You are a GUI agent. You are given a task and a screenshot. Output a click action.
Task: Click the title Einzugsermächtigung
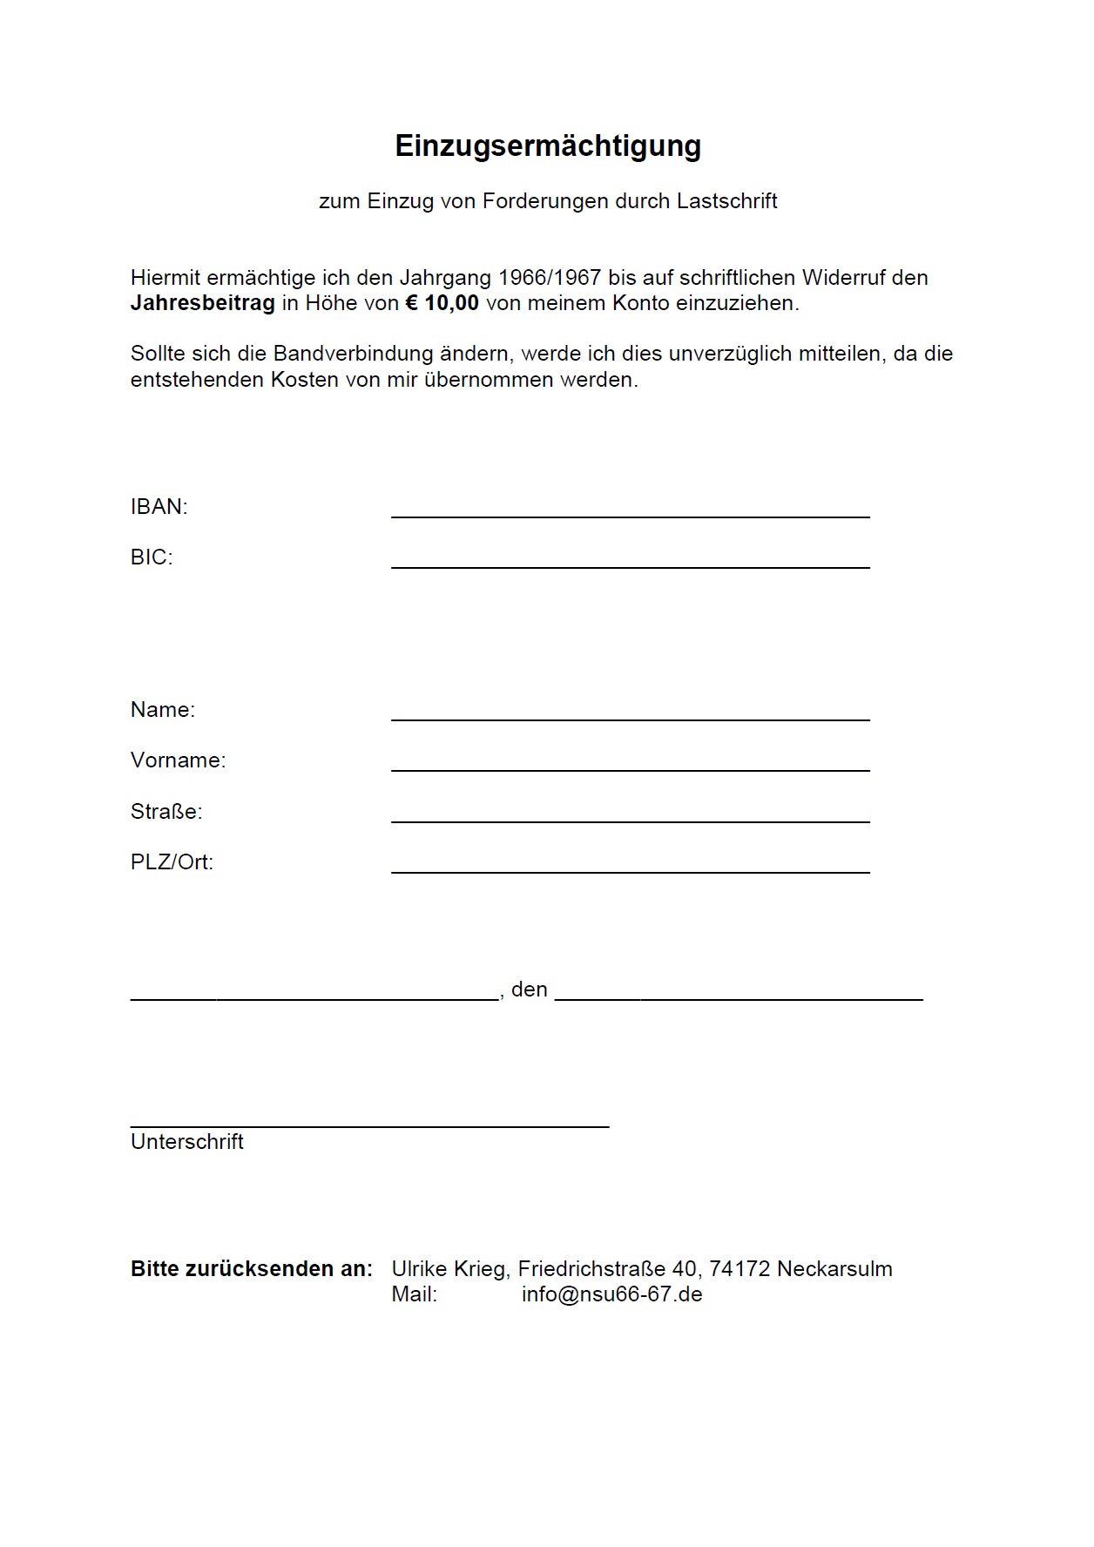[x=547, y=145]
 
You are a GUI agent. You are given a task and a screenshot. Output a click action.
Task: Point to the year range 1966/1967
[x=549, y=278]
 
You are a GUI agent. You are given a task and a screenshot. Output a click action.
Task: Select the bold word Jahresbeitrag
[x=202, y=303]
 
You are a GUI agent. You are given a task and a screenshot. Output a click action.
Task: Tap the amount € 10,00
[x=442, y=303]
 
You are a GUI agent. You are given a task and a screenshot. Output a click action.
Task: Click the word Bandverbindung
[x=353, y=354]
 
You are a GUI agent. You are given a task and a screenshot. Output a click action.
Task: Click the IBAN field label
[x=159, y=507]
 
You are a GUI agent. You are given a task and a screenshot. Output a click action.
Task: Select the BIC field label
[x=152, y=557]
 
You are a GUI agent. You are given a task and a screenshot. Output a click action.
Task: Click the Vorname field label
[x=178, y=760]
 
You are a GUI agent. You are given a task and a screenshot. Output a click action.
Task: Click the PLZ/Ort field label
[x=172, y=862]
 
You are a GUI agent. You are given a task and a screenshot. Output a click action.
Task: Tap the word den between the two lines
[x=529, y=990]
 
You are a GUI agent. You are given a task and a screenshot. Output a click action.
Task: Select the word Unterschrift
[x=186, y=1142]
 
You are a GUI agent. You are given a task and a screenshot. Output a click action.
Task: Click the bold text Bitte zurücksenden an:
[x=251, y=1269]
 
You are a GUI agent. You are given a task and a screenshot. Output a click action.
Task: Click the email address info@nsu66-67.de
[x=611, y=1294]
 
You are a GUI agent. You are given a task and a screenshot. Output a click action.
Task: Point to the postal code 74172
[x=739, y=1269]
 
